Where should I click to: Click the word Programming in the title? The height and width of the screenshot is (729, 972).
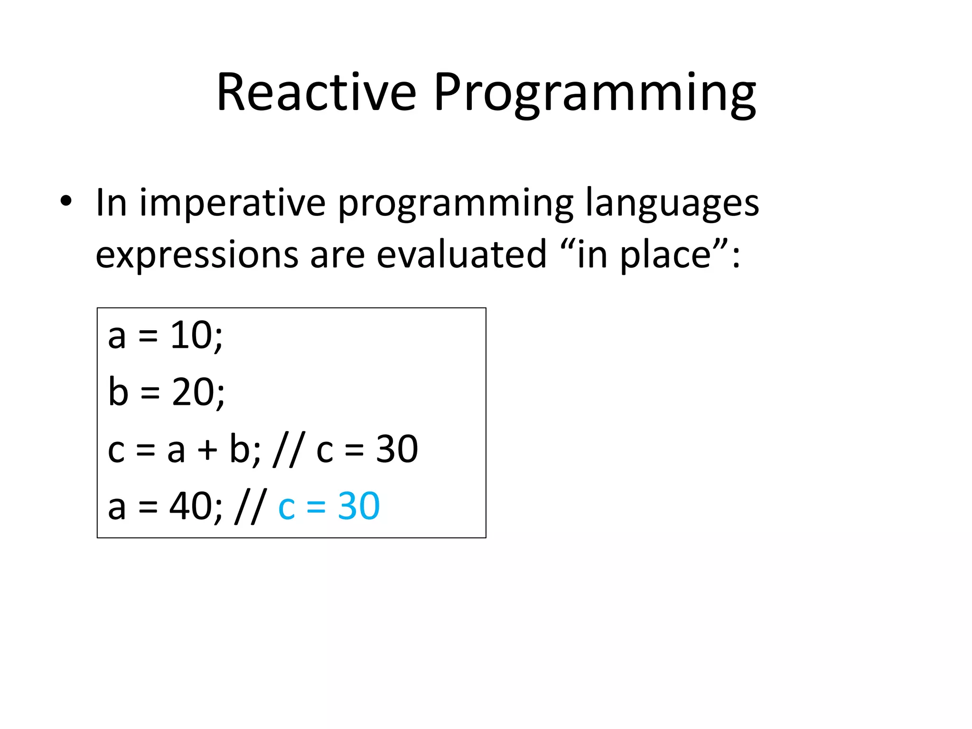(594, 94)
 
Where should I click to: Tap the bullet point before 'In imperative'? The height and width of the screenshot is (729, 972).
(66, 202)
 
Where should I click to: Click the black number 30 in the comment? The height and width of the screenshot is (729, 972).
(397, 449)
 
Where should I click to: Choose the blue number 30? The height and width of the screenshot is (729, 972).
(358, 506)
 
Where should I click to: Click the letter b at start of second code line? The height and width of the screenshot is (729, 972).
(118, 392)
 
